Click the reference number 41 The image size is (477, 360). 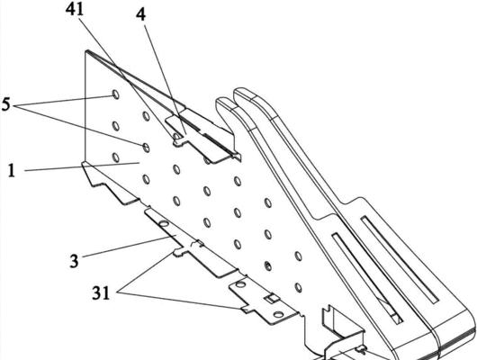pos(75,10)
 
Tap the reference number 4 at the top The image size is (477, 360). pos(140,15)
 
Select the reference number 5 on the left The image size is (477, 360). pos(5,104)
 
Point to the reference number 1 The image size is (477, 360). pos(12,171)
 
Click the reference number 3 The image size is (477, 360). pos(74,261)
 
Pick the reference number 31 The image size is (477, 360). pos(101,293)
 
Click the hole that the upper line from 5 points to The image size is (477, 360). pos(115,94)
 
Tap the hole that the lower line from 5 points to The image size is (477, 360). pos(147,148)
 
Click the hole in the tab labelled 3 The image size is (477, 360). pos(164,224)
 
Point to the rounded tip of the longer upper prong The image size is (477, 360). pos(242,92)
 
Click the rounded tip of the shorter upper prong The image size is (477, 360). pos(223,102)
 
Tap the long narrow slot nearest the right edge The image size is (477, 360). pos(400,258)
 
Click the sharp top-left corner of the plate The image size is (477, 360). pos(86,50)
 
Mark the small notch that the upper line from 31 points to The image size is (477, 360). pos(178,251)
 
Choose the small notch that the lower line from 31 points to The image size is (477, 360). pos(247,309)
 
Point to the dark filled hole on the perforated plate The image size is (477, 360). pos(267,266)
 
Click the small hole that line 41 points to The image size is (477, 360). pos(176,135)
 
